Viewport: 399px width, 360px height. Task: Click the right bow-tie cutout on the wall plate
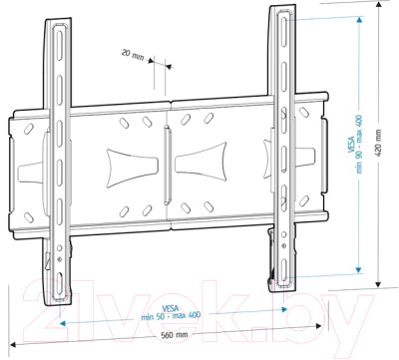pos(210,157)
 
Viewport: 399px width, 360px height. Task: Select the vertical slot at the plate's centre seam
pos(168,160)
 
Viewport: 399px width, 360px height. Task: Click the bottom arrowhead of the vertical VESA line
pos(358,266)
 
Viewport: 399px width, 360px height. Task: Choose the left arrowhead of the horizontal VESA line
pos(62,324)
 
